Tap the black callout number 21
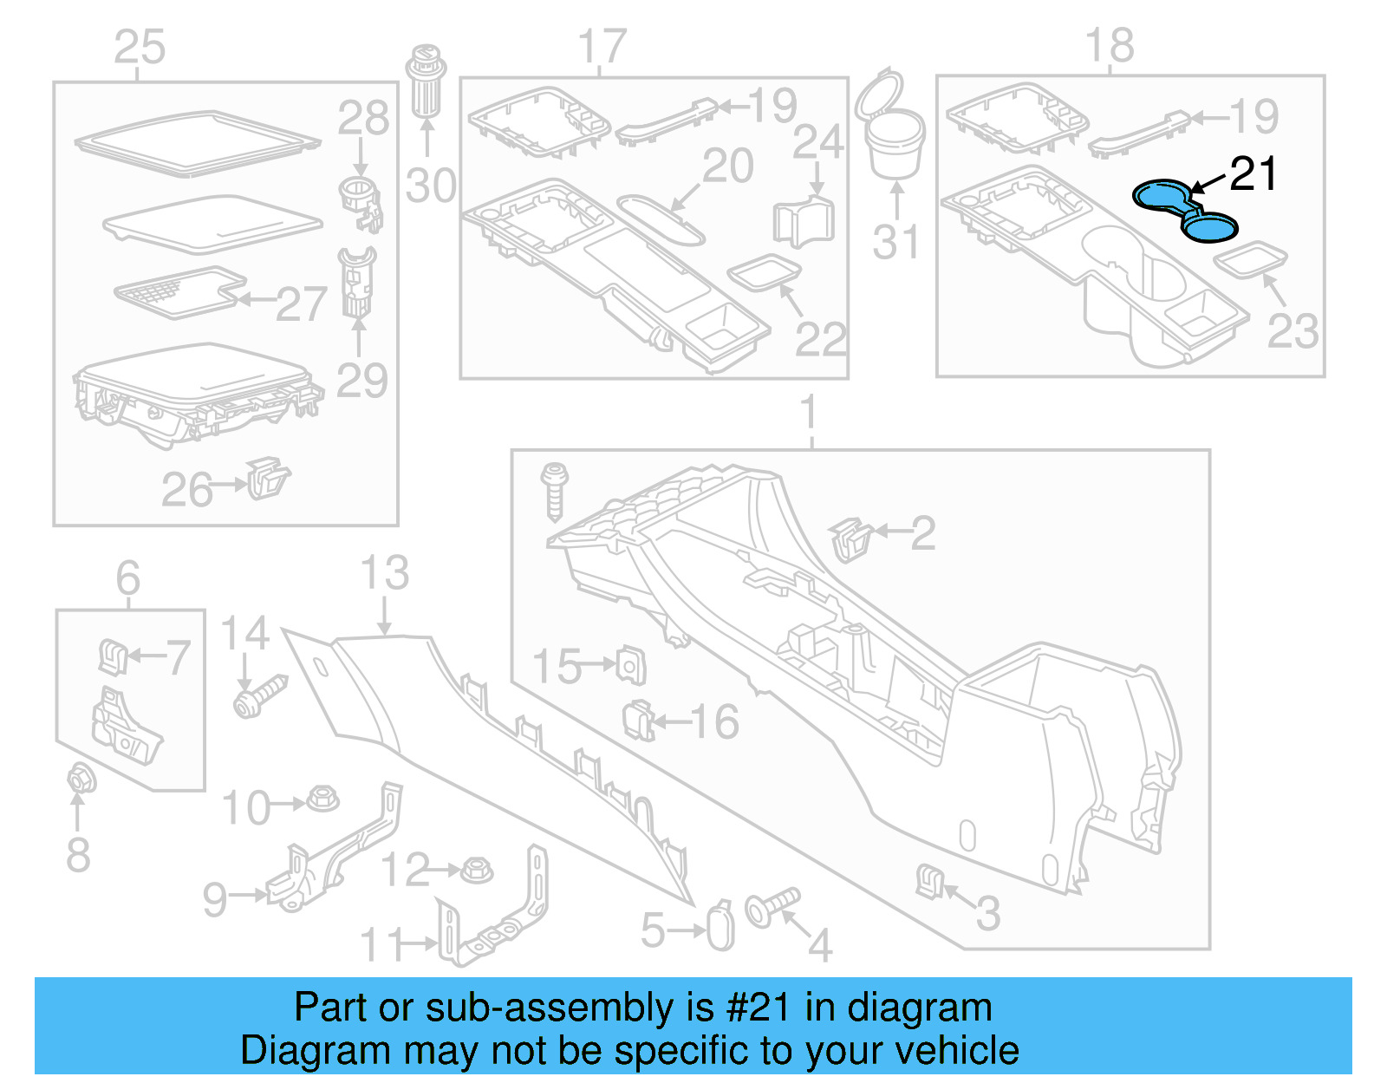coord(1254,174)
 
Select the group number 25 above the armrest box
coord(140,47)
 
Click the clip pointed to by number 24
coord(802,221)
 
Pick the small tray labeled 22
coord(764,272)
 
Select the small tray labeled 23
coord(1250,258)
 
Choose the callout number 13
coord(384,573)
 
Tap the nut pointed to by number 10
coord(323,799)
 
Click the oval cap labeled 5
coord(720,927)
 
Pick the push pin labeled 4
coord(772,905)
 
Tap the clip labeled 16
coord(639,720)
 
